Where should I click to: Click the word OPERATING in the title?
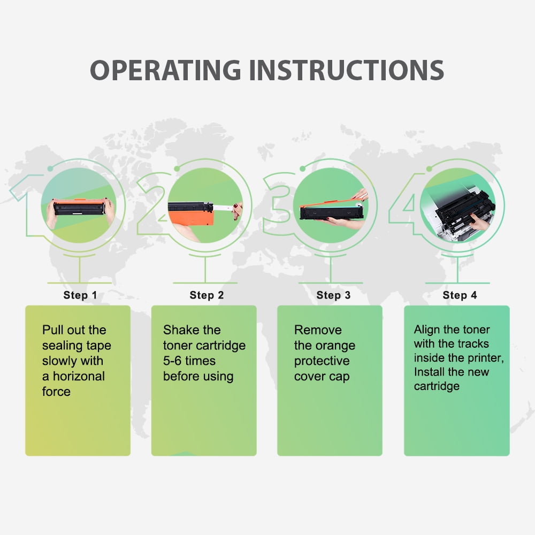pyautogui.click(x=165, y=70)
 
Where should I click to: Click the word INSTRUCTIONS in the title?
pyautogui.click(x=346, y=70)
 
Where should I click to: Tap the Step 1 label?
pyautogui.click(x=80, y=295)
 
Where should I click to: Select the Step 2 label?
pyautogui.click(x=207, y=295)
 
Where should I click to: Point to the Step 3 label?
pyautogui.click(x=333, y=295)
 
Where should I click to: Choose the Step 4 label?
pyautogui.click(x=460, y=295)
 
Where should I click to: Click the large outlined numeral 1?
pyautogui.click(x=30, y=205)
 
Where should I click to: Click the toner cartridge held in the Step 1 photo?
pyautogui.click(x=79, y=207)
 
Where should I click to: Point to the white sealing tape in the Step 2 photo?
pyautogui.click(x=223, y=207)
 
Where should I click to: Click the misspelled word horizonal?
pyautogui.click(x=79, y=376)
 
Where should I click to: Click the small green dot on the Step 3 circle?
pyautogui.click(x=302, y=169)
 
